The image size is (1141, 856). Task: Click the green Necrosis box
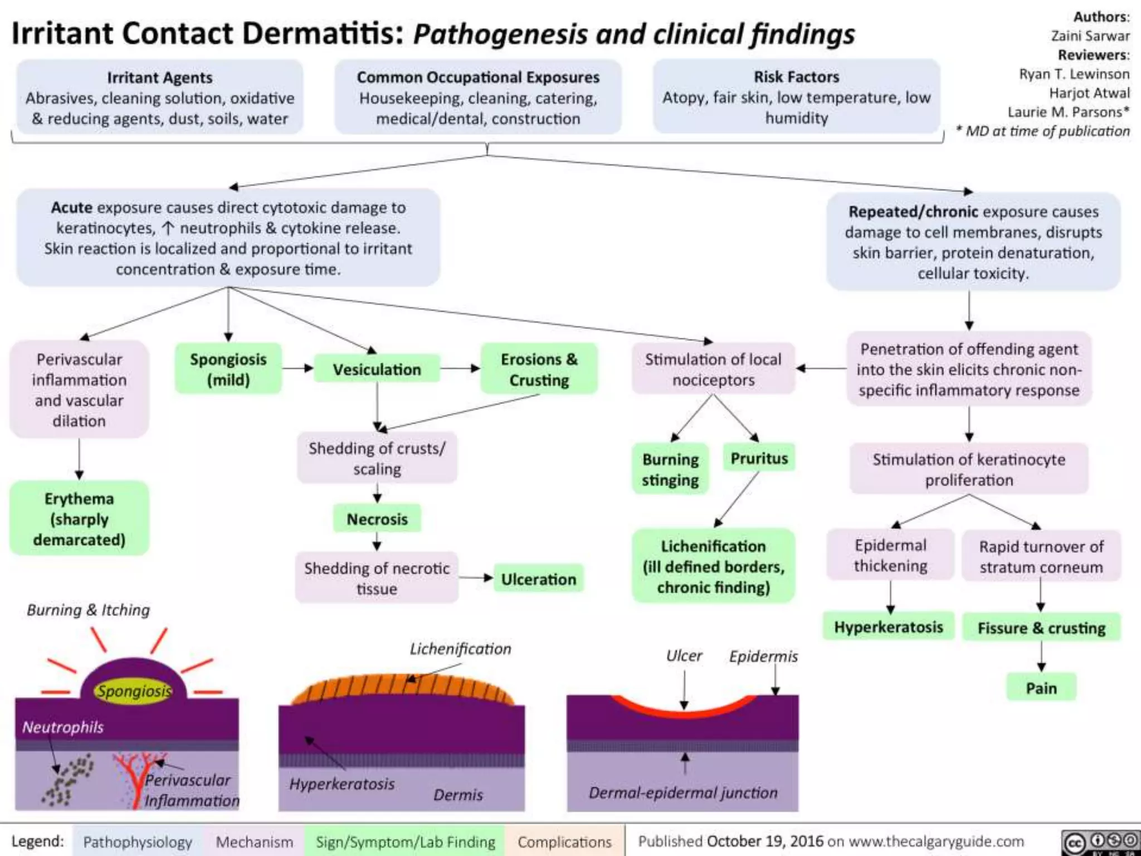tap(377, 519)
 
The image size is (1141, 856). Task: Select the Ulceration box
tap(538, 579)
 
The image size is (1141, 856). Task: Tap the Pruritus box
tap(759, 458)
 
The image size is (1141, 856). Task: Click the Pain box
tap(1041, 688)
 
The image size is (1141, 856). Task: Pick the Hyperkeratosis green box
tap(889, 627)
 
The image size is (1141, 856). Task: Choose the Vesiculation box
tap(377, 369)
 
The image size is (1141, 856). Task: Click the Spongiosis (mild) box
tap(228, 369)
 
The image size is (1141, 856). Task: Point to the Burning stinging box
tap(670, 469)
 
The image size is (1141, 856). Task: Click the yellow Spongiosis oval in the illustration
tap(133, 691)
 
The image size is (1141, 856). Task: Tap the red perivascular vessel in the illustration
tap(135, 780)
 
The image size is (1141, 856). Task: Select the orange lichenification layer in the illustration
tap(401, 689)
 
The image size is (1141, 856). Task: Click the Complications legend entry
tap(564, 842)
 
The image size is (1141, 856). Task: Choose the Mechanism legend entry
tap(254, 842)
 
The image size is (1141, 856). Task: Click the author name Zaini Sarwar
tap(1090, 36)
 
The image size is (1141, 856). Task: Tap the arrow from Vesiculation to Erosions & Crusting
tap(460, 368)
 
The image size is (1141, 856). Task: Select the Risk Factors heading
tap(796, 76)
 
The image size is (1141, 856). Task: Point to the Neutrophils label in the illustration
tap(62, 727)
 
